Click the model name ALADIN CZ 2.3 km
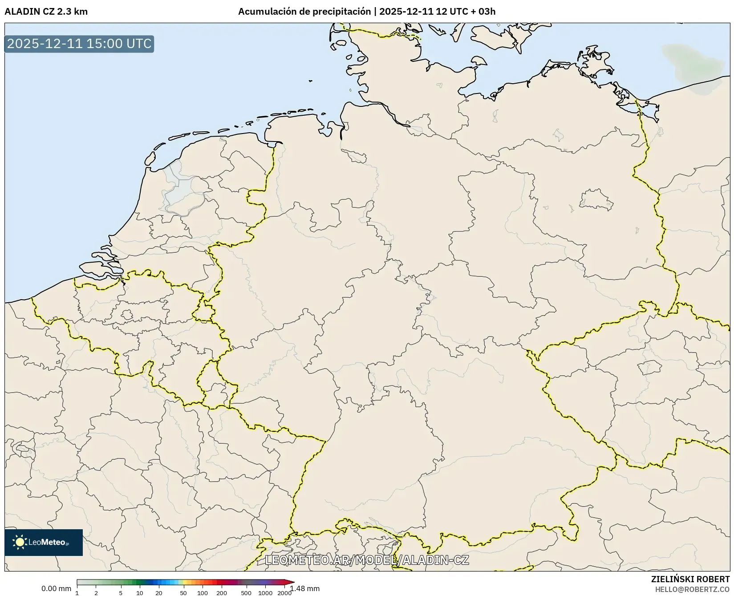(x=46, y=12)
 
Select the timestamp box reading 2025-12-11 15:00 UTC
(x=79, y=44)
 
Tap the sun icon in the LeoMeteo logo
(x=20, y=542)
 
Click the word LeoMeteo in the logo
(x=47, y=542)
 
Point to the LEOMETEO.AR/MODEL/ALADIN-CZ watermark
(x=367, y=560)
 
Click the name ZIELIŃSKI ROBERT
(x=690, y=579)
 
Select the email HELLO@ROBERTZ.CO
(x=692, y=589)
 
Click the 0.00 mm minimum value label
(x=56, y=588)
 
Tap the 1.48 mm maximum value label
(x=305, y=588)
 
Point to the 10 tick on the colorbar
(x=139, y=592)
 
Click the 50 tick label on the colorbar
(x=183, y=592)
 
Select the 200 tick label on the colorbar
(x=222, y=592)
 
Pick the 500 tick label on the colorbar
(x=246, y=592)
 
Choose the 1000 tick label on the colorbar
(x=265, y=592)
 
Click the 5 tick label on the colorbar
(x=121, y=592)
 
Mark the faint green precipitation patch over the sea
(x=694, y=67)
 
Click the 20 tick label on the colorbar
(x=158, y=592)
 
